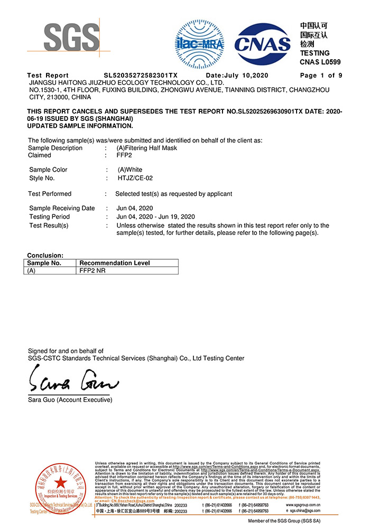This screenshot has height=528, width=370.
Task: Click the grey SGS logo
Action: coord(71,38)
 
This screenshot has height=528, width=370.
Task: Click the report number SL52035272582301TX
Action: coord(141,76)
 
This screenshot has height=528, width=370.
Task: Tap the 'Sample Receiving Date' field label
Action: coord(62,209)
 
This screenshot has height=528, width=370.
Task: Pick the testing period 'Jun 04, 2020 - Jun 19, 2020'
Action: coord(155,217)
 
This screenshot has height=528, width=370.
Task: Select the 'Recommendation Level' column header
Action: coord(114,263)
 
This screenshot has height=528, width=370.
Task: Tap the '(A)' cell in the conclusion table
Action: coord(32,270)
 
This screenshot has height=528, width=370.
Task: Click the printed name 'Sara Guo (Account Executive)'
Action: coord(70,400)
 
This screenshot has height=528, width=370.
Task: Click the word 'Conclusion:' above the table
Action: coord(45,256)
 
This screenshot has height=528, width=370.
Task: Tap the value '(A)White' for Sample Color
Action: coord(129,170)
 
